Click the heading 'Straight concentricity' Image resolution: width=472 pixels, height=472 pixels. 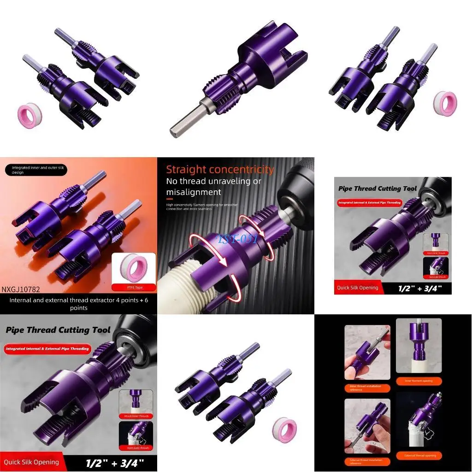point(220,170)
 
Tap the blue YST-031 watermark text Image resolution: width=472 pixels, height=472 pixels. point(237,239)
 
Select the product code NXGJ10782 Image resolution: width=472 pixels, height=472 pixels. point(21,289)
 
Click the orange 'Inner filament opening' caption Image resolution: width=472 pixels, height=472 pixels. point(419,381)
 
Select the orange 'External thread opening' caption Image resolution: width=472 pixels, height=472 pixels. point(420,455)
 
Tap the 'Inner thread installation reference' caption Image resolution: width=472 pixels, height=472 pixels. point(367,388)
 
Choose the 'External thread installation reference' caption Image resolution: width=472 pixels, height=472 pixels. point(367,461)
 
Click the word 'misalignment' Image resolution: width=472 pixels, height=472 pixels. point(194,192)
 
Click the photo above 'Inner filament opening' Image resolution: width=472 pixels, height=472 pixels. point(419,346)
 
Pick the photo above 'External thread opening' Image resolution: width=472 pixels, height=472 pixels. point(419,420)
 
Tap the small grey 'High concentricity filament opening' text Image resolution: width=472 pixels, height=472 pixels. point(207,206)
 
